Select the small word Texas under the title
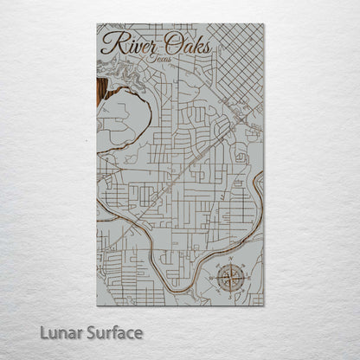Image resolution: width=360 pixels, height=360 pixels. pos(158,59)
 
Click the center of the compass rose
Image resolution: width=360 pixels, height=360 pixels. pos(230,277)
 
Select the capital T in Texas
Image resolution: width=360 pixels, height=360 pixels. pos(149,58)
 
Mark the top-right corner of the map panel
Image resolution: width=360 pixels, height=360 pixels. pos(264,24)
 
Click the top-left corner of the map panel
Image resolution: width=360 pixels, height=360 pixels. pos(97,24)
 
